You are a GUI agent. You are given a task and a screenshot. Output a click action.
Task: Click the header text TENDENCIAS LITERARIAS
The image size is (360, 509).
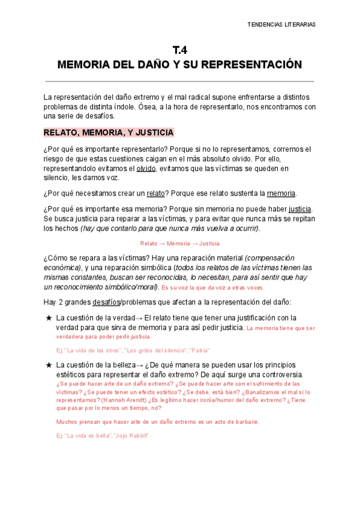[281, 25]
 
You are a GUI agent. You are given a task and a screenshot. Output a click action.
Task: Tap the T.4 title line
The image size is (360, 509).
[179, 50]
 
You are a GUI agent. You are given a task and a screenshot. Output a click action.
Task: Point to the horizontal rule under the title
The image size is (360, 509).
[179, 81]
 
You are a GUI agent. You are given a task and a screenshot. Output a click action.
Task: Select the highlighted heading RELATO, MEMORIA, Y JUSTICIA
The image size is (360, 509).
[109, 132]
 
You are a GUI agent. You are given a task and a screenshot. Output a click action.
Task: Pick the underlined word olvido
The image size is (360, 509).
[146, 169]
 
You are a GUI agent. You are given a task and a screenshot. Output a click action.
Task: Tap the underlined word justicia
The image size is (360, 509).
[300, 208]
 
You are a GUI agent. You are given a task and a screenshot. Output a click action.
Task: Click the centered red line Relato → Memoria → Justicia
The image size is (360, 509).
[179, 243]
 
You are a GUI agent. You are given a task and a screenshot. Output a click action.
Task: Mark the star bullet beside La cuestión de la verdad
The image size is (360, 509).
[49, 318]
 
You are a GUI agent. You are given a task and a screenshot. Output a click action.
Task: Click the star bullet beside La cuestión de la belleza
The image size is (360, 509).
[49, 364]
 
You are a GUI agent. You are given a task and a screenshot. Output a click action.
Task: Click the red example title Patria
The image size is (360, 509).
[199, 350]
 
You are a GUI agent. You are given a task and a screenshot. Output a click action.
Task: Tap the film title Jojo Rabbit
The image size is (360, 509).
[130, 435]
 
